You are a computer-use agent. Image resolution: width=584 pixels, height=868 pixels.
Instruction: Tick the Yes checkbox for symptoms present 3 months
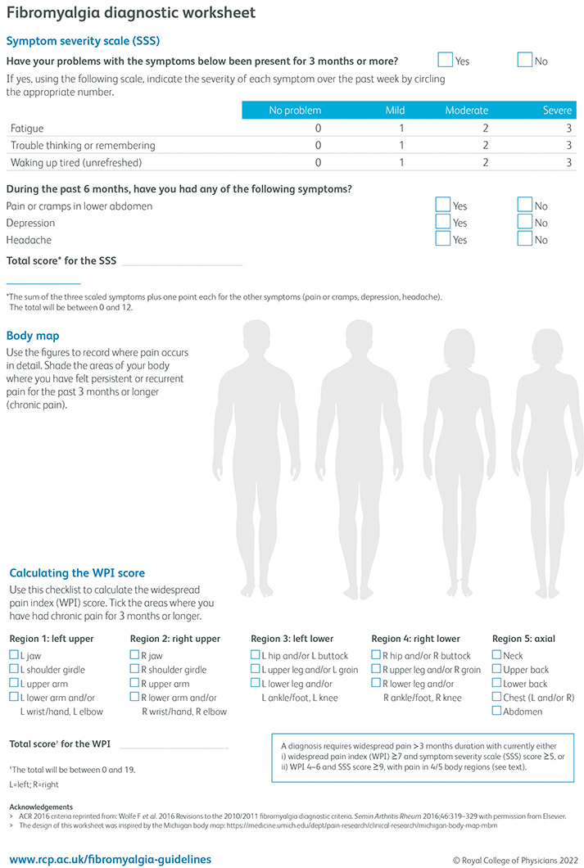(x=445, y=60)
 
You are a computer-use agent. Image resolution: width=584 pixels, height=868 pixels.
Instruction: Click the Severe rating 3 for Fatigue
(x=568, y=129)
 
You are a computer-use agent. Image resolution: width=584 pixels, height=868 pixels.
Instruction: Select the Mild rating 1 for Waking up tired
(x=401, y=162)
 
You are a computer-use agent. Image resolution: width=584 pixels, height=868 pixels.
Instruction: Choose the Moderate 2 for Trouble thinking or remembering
(x=484, y=146)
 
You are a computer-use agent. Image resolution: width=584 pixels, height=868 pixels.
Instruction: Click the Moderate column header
(x=467, y=111)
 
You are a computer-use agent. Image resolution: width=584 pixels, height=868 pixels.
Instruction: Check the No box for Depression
(x=525, y=222)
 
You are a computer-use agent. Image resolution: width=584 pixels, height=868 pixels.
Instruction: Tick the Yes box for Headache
(x=443, y=239)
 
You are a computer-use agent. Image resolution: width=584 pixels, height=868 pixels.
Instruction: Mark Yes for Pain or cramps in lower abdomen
(x=443, y=205)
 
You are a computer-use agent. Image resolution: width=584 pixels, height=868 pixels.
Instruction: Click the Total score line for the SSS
(x=182, y=262)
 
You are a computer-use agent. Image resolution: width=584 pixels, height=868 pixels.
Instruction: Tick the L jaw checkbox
(x=14, y=655)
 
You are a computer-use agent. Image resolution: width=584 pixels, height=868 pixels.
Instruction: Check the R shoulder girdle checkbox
(x=135, y=669)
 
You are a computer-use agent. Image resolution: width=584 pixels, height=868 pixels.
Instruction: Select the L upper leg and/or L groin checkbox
(x=256, y=669)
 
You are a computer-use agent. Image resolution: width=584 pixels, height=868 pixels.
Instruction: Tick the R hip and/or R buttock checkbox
(x=376, y=655)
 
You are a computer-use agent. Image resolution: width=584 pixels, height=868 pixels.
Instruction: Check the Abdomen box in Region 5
(x=497, y=711)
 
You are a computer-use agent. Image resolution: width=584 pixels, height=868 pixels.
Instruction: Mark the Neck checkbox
(x=497, y=655)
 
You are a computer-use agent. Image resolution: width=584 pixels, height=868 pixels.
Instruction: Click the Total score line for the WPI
(x=174, y=744)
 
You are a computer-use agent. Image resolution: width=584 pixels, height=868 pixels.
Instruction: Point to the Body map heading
(x=33, y=336)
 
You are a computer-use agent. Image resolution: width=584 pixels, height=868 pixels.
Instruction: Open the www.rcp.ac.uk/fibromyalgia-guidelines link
(x=109, y=859)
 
